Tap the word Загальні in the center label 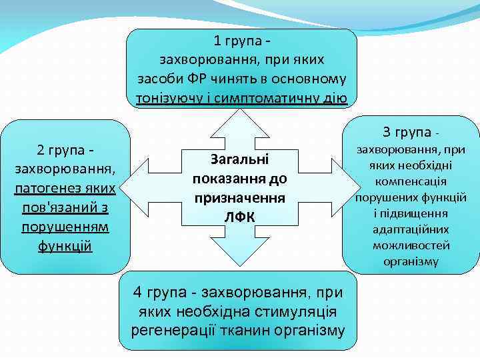239,160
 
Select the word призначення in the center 239,198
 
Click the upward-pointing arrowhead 239,120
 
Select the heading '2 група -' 65,147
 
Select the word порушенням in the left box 65,227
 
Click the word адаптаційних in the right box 411,229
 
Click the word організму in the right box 411,261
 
